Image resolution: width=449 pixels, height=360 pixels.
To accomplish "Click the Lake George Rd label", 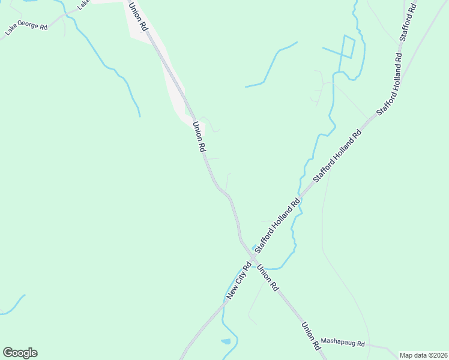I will pos(26,28).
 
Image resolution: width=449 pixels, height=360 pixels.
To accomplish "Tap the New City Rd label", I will pos(238,280).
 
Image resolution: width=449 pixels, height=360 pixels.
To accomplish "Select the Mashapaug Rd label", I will pos(343,343).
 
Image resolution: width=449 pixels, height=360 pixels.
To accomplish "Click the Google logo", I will pos(20,353).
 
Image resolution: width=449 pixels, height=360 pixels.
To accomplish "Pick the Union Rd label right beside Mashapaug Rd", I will pos(310,335).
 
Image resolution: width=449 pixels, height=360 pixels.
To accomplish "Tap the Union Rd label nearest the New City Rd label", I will pos(268,278).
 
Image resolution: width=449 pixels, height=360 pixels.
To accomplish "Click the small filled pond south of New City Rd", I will pos(226,341).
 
